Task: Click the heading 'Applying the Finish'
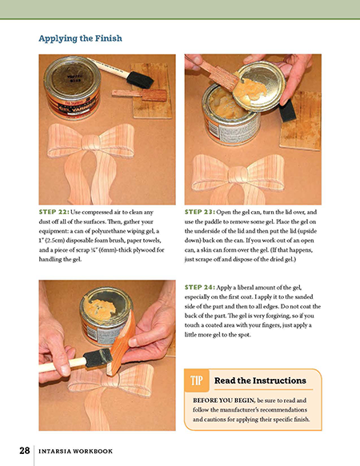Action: [x=80, y=38]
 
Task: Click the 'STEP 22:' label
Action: [x=54, y=212]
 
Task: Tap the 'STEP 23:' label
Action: [x=200, y=212]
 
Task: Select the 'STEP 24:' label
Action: [x=200, y=288]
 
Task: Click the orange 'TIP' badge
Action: [x=197, y=380]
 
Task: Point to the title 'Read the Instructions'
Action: [x=260, y=380]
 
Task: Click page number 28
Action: [x=25, y=451]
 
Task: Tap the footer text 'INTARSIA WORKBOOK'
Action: [x=76, y=451]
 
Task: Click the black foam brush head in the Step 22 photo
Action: [x=140, y=80]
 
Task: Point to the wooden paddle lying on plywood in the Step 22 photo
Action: [x=139, y=94]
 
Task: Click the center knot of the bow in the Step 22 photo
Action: [x=90, y=143]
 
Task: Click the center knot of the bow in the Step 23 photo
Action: [x=238, y=174]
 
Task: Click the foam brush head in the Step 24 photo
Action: [x=98, y=358]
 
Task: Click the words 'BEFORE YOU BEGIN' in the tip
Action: [x=224, y=400]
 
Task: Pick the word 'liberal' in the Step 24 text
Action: [x=239, y=288]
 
